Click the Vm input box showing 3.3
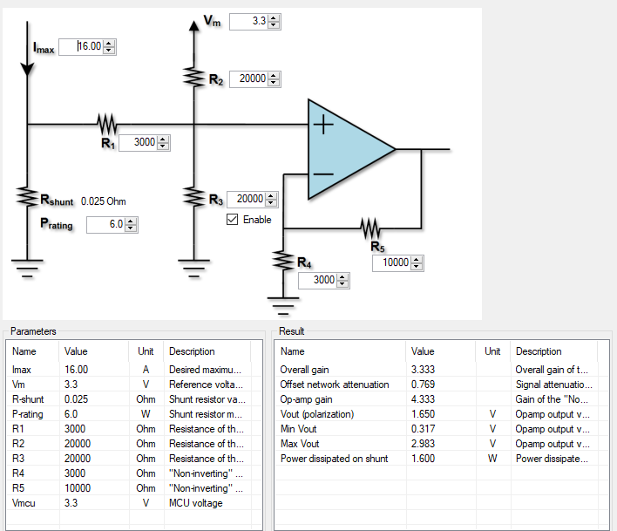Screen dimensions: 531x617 tap(248, 21)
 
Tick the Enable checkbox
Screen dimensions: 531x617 tap(232, 220)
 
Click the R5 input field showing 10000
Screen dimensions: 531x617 tap(391, 263)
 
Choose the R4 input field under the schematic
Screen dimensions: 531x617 tap(317, 281)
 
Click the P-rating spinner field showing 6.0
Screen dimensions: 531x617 tap(105, 225)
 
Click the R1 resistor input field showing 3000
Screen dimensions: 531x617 tap(138, 143)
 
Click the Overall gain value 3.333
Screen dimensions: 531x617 tap(423, 370)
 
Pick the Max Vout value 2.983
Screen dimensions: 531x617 tap(423, 444)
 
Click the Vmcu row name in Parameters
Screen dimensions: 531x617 tap(26, 503)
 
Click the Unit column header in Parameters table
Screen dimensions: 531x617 tap(146, 351)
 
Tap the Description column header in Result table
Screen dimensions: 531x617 tap(539, 351)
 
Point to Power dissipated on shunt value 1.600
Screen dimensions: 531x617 tap(423, 459)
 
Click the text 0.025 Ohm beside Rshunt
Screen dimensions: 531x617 tap(104, 201)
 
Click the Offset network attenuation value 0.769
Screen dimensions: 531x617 tap(423, 385)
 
